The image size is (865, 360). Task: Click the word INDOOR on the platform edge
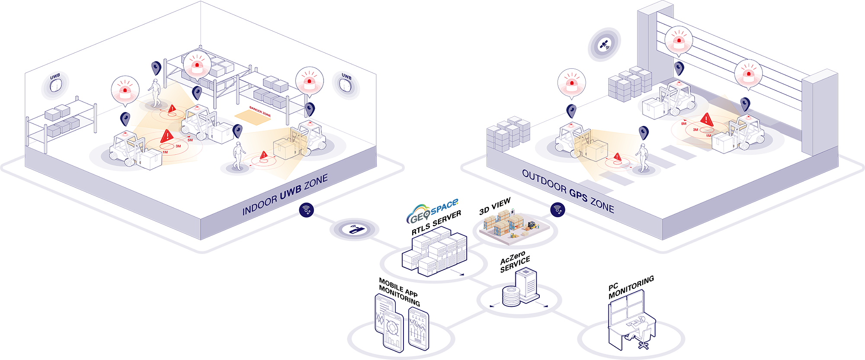pyautogui.click(x=259, y=206)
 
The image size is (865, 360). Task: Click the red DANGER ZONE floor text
pyautogui.click(x=260, y=111)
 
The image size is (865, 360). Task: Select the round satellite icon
pyautogui.click(x=604, y=45)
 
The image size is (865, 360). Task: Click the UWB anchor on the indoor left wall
pyautogui.click(x=55, y=84)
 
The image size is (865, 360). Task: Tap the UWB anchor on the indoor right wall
pyautogui.click(x=346, y=84)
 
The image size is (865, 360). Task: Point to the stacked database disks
pyautogui.click(x=511, y=297)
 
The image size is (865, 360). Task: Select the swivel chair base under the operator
pyautogui.click(x=644, y=345)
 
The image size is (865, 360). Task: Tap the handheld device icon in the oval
pyautogui.click(x=355, y=229)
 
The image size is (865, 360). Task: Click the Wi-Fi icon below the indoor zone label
pyautogui.click(x=306, y=210)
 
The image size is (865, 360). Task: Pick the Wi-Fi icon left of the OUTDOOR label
pyautogui.click(x=557, y=210)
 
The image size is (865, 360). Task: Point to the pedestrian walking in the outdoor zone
pyautogui.click(x=643, y=157)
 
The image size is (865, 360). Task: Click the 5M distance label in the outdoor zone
pyautogui.click(x=684, y=124)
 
